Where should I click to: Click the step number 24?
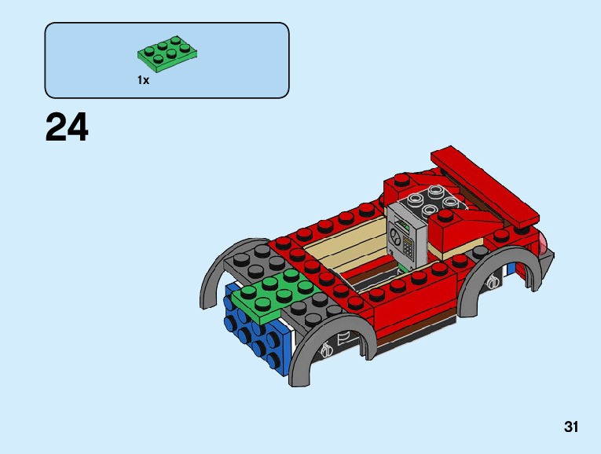(x=67, y=127)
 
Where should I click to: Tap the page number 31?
(x=570, y=427)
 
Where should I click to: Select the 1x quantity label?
(x=143, y=80)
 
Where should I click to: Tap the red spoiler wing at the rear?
(x=485, y=186)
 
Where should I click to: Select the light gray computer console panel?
(x=407, y=236)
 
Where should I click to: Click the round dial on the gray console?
(x=395, y=240)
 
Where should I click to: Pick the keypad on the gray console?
(x=409, y=247)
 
